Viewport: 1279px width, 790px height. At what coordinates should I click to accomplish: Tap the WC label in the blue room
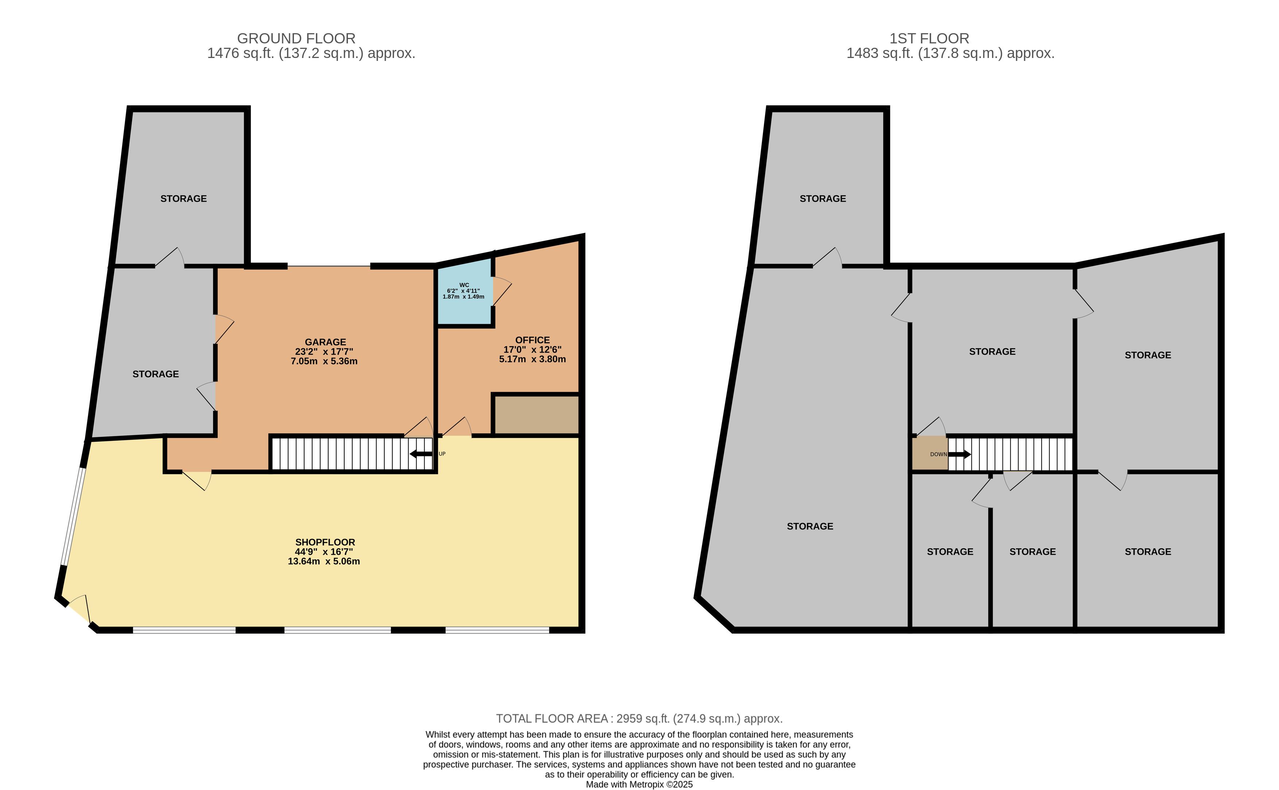[464, 285]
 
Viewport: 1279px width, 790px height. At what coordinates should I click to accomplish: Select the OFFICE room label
[532, 340]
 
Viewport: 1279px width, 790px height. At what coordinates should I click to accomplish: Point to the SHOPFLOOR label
[325, 542]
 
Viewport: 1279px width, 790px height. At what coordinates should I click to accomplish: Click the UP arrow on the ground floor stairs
[421, 454]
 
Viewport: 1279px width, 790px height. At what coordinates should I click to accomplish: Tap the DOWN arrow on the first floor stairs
[959, 454]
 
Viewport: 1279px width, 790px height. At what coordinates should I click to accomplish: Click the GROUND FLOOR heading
[296, 38]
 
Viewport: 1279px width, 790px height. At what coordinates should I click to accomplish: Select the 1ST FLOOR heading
[930, 38]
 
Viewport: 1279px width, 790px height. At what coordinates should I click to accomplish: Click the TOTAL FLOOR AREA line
[639, 719]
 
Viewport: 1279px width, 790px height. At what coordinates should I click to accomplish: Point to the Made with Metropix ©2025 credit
[639, 784]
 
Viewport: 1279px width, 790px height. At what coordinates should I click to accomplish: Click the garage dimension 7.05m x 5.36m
[324, 361]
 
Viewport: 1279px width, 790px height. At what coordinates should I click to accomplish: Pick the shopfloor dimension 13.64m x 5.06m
[324, 561]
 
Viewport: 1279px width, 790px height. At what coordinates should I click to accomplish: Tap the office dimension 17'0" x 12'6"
[532, 349]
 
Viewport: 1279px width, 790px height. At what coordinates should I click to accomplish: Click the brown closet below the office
[536, 415]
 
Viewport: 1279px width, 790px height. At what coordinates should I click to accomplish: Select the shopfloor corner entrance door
[80, 609]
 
